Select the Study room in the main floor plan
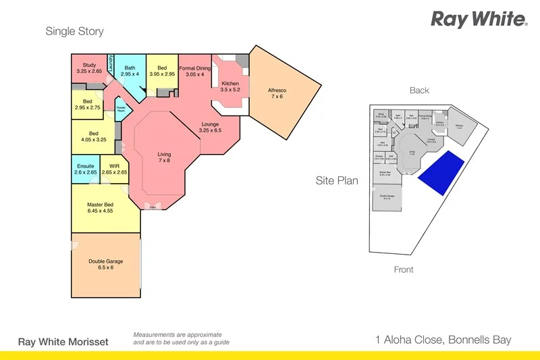point(89,68)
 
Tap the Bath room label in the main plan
point(130,70)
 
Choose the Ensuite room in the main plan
point(85,170)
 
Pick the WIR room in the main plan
point(114,170)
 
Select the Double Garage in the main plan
point(105,265)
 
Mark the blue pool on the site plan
point(441,173)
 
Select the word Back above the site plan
point(419,91)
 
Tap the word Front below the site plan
point(404,269)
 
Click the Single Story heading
point(74,31)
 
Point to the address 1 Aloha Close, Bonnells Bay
point(443,340)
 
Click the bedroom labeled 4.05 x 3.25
point(94,137)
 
